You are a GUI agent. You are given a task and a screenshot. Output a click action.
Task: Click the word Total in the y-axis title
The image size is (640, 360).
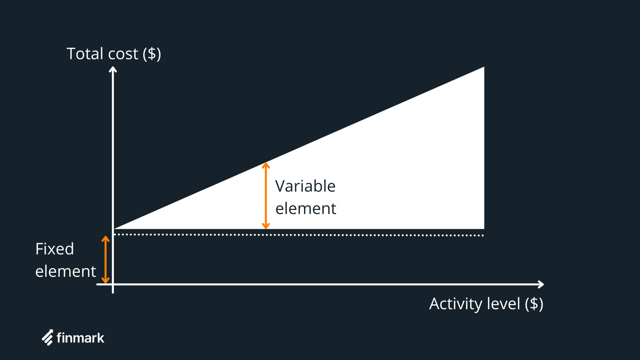[x=85, y=54]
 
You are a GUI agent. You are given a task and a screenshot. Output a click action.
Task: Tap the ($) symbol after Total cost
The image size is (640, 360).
[x=152, y=54]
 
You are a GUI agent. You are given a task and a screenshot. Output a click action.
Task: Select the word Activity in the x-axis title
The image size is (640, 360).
[x=454, y=304]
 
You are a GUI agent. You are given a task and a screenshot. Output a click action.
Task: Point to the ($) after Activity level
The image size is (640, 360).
[x=534, y=304]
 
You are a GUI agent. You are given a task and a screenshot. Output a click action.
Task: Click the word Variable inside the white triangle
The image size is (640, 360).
[x=305, y=186]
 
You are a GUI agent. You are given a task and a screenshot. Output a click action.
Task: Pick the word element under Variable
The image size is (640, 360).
[x=306, y=209]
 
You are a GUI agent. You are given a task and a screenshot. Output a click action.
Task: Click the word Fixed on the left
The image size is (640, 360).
[x=54, y=249]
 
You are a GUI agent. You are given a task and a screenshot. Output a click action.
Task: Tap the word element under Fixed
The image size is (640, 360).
[x=66, y=272]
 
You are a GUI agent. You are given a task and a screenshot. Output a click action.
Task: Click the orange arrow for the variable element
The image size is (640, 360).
[x=266, y=196]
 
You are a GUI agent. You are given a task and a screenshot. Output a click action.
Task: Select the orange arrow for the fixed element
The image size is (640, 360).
[x=106, y=260]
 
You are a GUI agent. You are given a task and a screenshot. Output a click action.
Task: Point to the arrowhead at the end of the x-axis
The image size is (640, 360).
[x=541, y=284]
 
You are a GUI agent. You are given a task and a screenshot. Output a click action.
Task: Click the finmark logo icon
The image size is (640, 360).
[x=48, y=338]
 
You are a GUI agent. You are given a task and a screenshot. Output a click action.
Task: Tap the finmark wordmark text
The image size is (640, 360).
[x=80, y=338]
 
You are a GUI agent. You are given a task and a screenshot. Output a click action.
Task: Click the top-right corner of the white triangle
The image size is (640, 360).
[x=483, y=68]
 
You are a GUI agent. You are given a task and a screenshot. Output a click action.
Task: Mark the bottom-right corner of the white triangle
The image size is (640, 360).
[x=483, y=228]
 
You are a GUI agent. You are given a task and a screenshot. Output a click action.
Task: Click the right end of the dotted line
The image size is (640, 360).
[x=483, y=235]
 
